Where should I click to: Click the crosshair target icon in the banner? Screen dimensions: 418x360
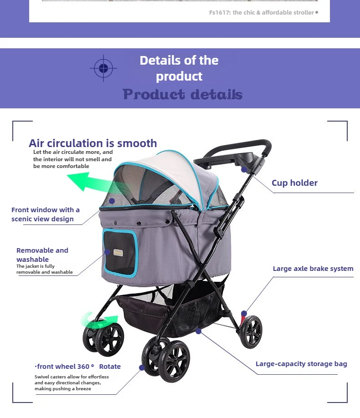click(103, 68)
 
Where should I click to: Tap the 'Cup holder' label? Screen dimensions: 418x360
click(294, 183)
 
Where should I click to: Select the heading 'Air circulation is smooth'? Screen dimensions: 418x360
click(93, 143)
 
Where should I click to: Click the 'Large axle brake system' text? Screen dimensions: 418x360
click(313, 269)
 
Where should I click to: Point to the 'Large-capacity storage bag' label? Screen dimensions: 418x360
click(301, 364)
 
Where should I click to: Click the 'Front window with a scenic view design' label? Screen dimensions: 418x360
click(46, 214)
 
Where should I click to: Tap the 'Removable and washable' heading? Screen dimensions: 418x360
click(42, 255)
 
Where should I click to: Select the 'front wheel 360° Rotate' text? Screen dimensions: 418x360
click(78, 367)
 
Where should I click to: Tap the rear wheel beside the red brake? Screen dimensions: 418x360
click(251, 332)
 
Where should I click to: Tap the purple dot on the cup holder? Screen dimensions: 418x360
click(244, 169)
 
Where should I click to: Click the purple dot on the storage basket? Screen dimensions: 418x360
click(198, 331)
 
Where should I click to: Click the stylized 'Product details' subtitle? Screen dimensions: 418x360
click(182, 94)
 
